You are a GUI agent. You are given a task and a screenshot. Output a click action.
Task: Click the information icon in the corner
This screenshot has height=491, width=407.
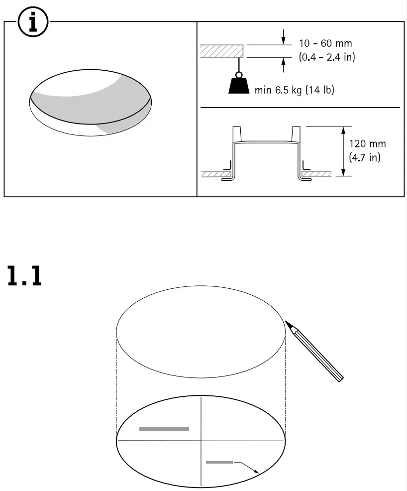(32, 23)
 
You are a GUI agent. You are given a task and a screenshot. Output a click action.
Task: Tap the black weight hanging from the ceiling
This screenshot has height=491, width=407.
(239, 86)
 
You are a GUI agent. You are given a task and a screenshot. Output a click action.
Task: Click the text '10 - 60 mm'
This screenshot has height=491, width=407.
(325, 43)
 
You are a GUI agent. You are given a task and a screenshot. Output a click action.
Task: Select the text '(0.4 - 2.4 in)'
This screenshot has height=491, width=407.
(327, 57)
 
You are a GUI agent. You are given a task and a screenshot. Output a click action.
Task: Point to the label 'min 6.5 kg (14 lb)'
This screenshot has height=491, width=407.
(294, 91)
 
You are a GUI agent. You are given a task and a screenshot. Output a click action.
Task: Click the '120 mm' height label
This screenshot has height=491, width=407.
(367, 144)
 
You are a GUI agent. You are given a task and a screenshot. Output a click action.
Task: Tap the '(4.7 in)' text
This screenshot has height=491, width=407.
(365, 158)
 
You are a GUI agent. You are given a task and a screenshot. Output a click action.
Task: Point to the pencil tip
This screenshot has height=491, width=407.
(288, 323)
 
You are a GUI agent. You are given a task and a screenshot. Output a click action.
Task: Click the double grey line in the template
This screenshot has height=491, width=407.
(164, 428)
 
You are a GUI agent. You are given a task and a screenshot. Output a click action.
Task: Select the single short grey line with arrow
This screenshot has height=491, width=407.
(219, 463)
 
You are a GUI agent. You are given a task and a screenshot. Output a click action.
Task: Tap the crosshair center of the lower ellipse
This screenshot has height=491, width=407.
(201, 440)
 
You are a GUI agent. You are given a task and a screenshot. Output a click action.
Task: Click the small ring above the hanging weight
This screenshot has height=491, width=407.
(239, 74)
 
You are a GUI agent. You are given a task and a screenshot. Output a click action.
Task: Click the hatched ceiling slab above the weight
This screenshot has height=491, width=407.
(221, 51)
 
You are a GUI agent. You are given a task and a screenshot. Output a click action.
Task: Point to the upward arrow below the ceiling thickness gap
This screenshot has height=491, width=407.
(283, 65)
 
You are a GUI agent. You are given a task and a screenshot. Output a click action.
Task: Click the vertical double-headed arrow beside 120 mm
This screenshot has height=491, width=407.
(343, 151)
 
